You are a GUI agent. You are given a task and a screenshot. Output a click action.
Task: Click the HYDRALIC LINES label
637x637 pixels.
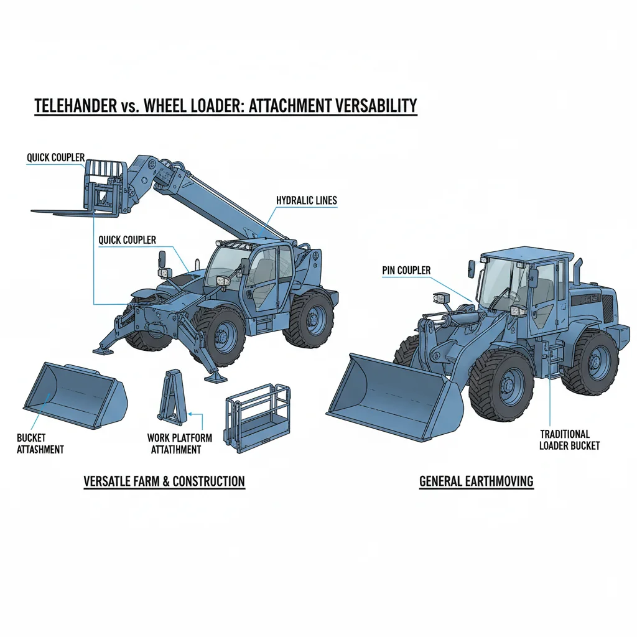click(306, 200)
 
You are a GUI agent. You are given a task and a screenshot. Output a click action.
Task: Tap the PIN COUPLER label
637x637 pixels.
click(406, 271)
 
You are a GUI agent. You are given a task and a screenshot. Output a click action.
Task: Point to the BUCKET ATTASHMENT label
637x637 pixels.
click(40, 444)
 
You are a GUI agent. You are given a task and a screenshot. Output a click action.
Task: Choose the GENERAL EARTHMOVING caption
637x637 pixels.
click(476, 481)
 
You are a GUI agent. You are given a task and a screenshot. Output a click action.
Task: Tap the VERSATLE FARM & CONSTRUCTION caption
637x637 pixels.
click(164, 481)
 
